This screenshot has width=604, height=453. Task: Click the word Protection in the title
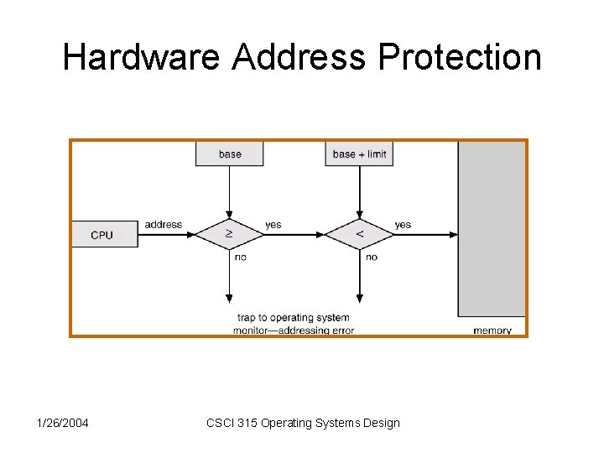pos(460,57)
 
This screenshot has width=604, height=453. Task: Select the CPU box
pos(103,234)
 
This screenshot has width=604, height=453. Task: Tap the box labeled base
pos(229,154)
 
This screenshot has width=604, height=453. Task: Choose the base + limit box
pos(359,154)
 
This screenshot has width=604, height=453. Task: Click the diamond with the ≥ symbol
pos(229,234)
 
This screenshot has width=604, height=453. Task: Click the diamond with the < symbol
pos(359,234)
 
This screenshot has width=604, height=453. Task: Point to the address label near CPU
pos(163,225)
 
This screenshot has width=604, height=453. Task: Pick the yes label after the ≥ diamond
pos(273,225)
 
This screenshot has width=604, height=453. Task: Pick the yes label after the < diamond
pos(403,225)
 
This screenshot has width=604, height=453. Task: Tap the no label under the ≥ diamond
pos(240,257)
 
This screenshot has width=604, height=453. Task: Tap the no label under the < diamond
pos(371,257)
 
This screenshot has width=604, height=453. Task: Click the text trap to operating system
pos(293,318)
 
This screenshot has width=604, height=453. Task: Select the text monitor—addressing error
pos(293,330)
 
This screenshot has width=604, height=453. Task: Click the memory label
pos(492,330)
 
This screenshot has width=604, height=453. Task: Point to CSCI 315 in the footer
pos(232,423)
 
